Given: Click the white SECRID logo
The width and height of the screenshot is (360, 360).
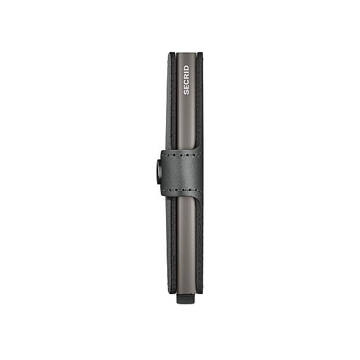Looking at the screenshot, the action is pos(186,80).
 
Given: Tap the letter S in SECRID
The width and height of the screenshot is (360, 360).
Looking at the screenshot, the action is pos(186,92).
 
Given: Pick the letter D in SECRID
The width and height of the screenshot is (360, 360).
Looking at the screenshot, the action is pos(186,68).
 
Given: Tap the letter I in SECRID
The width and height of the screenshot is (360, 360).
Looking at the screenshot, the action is pos(186,72).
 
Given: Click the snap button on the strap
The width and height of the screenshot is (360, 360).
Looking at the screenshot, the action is pos(159,172).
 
